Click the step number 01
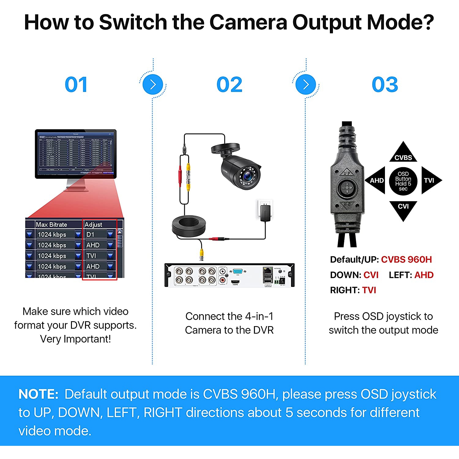pyautogui.click(x=76, y=85)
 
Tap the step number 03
pyautogui.click(x=385, y=85)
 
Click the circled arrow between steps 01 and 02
pyautogui.click(x=153, y=85)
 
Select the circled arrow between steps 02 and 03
pyautogui.click(x=306, y=85)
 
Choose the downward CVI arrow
pyautogui.click(x=403, y=209)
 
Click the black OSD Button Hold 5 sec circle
pyautogui.click(x=403, y=181)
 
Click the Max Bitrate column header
pyautogui.click(x=51, y=224)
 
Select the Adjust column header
pyautogui.click(x=93, y=224)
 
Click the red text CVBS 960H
pyautogui.click(x=406, y=260)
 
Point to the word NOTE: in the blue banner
pyautogui.click(x=38, y=394)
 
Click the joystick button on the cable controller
pyautogui.click(x=347, y=187)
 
